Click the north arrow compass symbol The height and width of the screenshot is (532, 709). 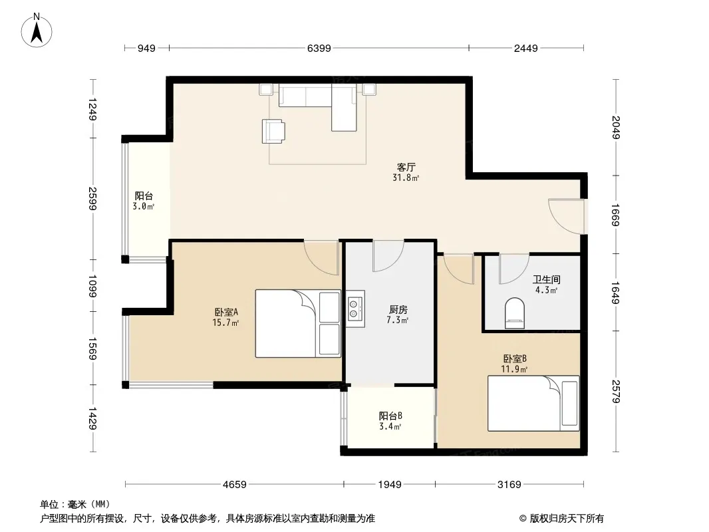point(37,31)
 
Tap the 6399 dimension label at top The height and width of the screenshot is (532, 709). point(319,48)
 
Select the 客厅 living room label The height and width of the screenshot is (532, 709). point(406,167)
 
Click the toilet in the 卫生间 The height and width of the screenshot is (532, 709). point(515,313)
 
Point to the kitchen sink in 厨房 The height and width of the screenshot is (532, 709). point(355,309)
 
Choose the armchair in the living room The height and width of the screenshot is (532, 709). point(273,131)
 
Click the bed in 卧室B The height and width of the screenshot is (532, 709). point(533,403)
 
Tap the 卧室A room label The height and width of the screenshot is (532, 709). point(226,312)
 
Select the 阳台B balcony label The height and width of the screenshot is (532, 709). point(390,416)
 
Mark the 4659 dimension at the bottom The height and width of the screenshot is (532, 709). point(235,485)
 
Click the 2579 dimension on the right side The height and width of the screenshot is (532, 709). point(615,391)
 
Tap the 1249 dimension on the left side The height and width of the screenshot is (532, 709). point(92,109)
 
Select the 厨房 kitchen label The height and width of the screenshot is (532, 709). point(398,310)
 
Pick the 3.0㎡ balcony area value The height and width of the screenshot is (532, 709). point(144,207)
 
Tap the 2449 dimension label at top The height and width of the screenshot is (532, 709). point(526,48)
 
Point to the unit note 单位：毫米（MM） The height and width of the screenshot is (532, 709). point(75,504)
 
